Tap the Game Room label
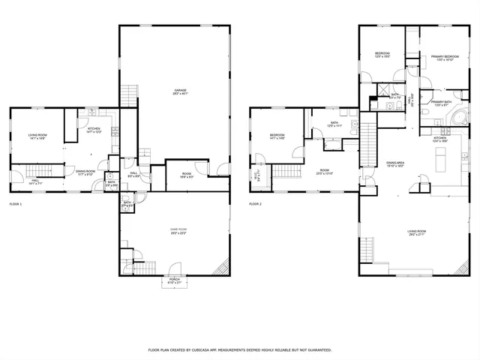(178, 230)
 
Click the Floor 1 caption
(16, 204)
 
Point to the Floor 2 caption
(256, 204)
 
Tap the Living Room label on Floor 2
(417, 232)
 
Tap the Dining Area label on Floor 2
(395, 164)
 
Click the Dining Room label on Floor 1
(85, 172)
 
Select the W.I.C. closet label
(256, 177)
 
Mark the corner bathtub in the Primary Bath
(463, 116)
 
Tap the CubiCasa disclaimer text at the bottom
(239, 349)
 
